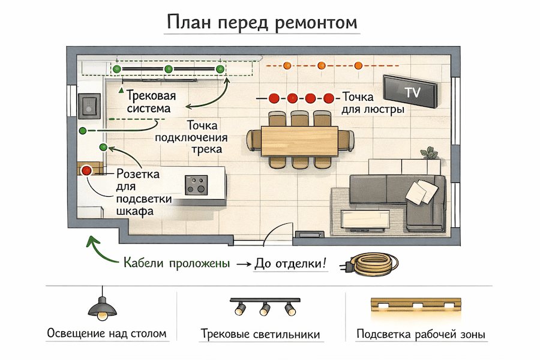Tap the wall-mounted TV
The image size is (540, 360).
[411, 92]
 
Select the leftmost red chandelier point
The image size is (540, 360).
[274, 98]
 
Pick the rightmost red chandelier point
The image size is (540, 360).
[328, 98]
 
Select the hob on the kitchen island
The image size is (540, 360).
[196, 184]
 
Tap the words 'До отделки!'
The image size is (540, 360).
[291, 263]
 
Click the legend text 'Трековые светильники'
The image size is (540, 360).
[260, 334]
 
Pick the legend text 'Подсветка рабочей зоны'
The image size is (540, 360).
[421, 334]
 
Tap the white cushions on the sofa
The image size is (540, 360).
[419, 191]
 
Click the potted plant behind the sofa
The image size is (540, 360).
[428, 154]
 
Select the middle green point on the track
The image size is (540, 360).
[168, 69]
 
